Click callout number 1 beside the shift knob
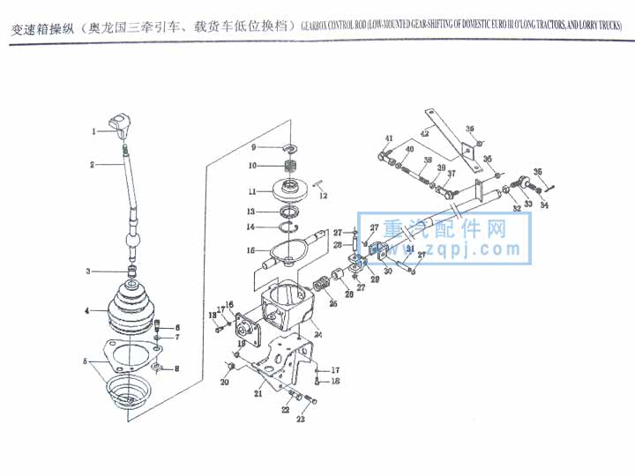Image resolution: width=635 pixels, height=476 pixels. pyautogui.click(x=93, y=131)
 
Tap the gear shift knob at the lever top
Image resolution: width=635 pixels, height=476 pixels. pyautogui.click(x=119, y=123)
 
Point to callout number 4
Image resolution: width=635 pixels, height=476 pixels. pyautogui.click(x=87, y=311)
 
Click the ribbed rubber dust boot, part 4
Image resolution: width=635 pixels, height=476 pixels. pyautogui.click(x=131, y=309)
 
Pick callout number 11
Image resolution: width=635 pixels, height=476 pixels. pyautogui.click(x=252, y=191)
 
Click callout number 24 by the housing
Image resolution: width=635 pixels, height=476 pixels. pyautogui.click(x=317, y=335)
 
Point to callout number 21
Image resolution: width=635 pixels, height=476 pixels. pyautogui.click(x=259, y=394)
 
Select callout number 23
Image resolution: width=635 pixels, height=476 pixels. pyautogui.click(x=301, y=420)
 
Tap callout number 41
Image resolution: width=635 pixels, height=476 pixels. pyautogui.click(x=389, y=139)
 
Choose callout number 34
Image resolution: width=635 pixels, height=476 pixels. pyautogui.click(x=543, y=205)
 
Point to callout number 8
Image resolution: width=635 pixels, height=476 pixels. pyautogui.click(x=176, y=368)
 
